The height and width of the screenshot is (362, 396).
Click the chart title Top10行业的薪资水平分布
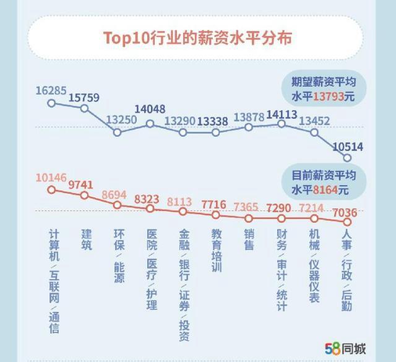tap(197, 37)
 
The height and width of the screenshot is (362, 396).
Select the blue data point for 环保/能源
tap(118, 132)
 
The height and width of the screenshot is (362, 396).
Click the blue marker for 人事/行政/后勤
tap(347, 158)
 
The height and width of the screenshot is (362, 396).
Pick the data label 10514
tap(348, 147)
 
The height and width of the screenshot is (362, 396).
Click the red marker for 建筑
tap(85, 196)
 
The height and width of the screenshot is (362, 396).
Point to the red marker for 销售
tap(249, 218)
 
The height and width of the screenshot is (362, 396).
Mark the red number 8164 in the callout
tap(325, 189)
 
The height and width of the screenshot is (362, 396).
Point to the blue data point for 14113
tap(282, 124)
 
